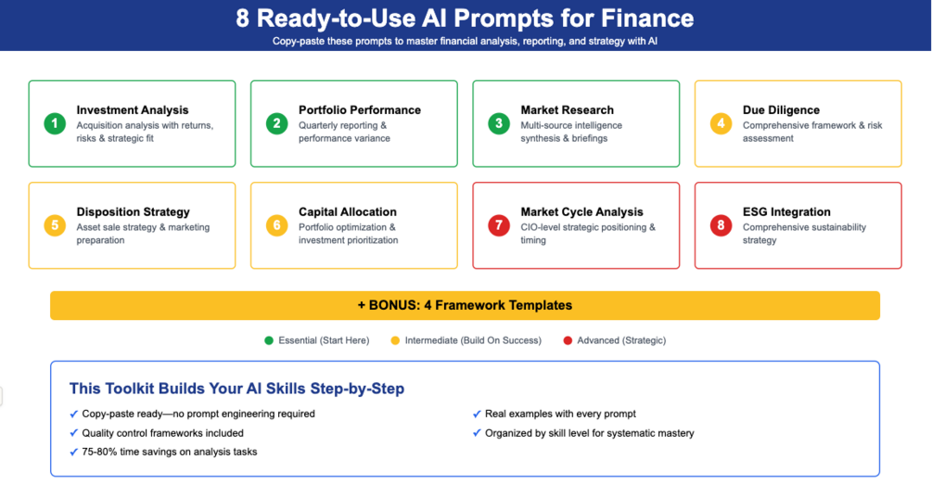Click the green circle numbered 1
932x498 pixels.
[55, 123]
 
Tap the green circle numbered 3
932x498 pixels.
[499, 123]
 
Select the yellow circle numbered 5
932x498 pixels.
[55, 225]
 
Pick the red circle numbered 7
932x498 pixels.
[499, 225]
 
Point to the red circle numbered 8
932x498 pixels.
[721, 225]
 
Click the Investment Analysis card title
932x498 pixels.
[133, 110]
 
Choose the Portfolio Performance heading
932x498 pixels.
[360, 110]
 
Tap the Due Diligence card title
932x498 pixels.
[781, 110]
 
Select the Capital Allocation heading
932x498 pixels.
[348, 212]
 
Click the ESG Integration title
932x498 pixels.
[786, 212]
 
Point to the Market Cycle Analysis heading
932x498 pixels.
[581, 212]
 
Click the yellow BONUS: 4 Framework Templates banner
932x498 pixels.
[465, 305]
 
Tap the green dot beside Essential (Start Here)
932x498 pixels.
[269, 340]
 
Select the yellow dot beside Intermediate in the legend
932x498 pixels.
[395, 340]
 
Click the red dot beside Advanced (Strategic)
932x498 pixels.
[568, 340]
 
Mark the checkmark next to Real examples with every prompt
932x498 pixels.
[477, 414]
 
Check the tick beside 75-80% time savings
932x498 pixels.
[74, 452]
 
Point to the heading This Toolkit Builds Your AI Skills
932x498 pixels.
[236, 389]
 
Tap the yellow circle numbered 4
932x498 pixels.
[721, 123]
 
